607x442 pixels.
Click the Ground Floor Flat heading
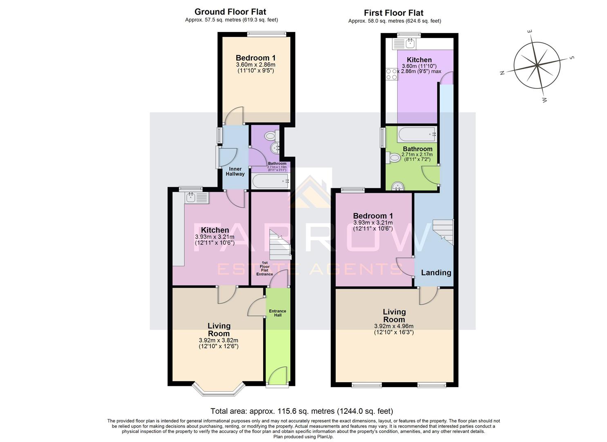point(230,11)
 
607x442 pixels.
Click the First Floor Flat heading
point(394,13)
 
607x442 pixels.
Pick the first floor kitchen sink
point(404,43)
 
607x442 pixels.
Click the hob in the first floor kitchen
point(392,74)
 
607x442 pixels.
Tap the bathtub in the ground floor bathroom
point(270,181)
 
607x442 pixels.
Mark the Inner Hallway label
point(235,171)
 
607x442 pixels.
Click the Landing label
point(436,273)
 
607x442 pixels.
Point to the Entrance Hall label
point(278,313)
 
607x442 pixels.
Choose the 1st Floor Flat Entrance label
point(264,268)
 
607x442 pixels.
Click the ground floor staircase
point(280,245)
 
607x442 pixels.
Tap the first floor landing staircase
point(443,232)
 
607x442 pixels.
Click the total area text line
point(301,411)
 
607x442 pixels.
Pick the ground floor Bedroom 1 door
point(234,117)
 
